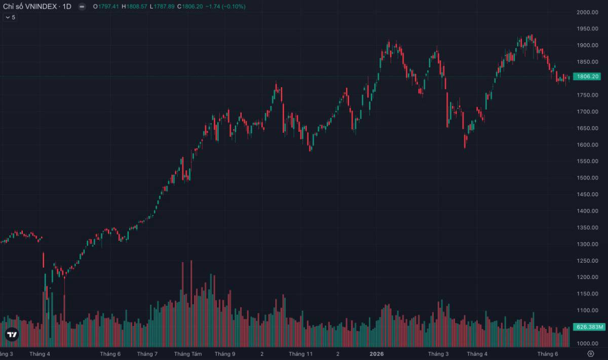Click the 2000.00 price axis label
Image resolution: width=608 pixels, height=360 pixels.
587,12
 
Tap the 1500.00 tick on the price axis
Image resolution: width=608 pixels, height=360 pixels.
587,177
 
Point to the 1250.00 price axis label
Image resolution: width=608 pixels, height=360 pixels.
587,261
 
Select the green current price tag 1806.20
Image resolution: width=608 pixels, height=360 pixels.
587,77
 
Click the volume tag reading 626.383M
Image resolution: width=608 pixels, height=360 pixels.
589,327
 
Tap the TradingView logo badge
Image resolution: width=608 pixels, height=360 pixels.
12,334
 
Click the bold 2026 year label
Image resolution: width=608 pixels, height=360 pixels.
377,354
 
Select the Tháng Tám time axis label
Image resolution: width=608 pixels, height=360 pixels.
188,354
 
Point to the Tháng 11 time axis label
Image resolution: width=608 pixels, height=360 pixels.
301,354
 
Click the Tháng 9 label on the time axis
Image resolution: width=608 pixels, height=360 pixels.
225,354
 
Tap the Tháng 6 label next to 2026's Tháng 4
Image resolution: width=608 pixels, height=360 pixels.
548,354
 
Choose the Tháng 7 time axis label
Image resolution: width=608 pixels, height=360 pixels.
147,354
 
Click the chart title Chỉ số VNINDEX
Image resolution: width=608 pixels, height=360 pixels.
30,7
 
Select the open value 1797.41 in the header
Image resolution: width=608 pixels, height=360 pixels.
108,7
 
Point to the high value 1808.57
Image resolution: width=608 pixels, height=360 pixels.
137,7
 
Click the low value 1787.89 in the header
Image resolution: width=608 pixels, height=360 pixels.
164,7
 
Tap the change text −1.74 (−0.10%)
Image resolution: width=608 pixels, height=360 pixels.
225,7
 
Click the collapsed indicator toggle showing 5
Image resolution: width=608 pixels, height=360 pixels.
10,17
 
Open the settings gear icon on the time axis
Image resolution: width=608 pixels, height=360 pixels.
591,354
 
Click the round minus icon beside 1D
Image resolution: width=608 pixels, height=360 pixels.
82,7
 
